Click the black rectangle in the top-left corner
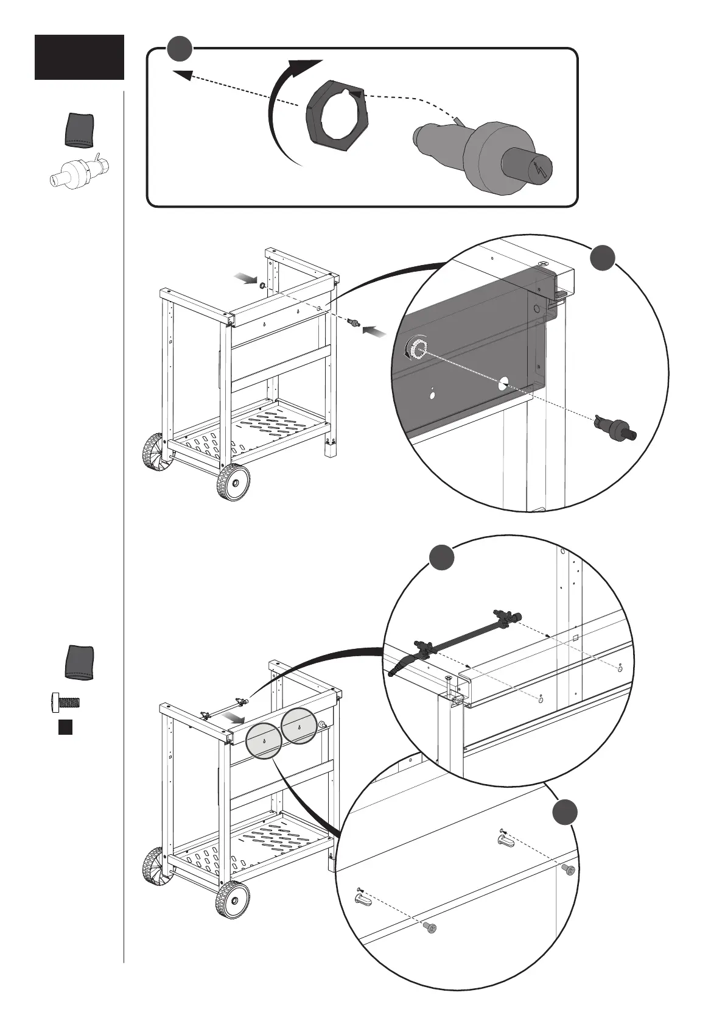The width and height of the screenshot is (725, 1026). tap(79, 57)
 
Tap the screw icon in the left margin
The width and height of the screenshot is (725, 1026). tap(66, 702)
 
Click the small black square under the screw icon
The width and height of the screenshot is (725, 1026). tap(66, 726)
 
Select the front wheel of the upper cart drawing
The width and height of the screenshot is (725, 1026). tap(233, 482)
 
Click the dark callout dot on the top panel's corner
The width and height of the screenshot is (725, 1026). tap(180, 49)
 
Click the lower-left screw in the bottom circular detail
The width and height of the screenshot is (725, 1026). tap(430, 945)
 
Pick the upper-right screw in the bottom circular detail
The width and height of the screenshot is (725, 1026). tap(569, 870)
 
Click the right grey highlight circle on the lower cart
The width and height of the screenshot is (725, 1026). tap(300, 726)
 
